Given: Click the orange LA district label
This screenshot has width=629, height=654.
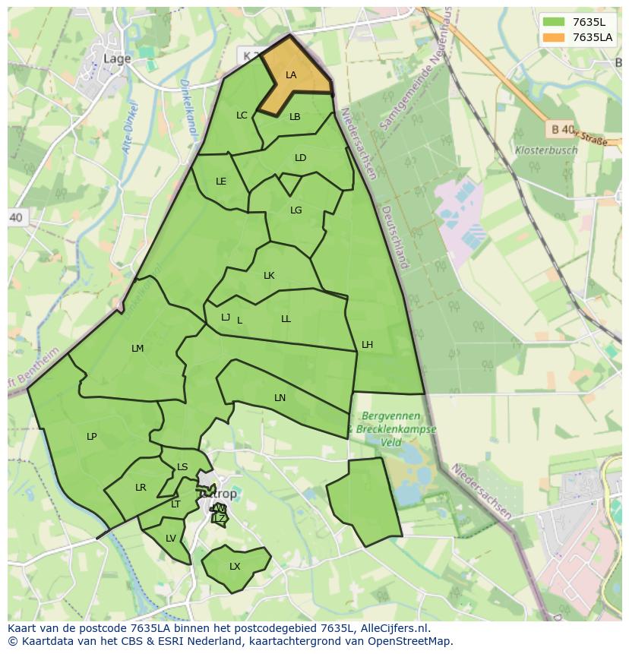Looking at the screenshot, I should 291,75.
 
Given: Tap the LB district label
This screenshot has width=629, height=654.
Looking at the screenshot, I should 295,117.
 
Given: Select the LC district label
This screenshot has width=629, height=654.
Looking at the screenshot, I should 242,115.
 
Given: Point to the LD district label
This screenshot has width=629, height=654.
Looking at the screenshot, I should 300,158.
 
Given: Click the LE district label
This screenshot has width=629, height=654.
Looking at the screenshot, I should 221,182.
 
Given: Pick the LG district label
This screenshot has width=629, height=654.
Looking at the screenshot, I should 296,210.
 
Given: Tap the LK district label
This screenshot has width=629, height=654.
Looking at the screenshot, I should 269,276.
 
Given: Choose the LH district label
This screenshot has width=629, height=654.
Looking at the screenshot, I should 367,345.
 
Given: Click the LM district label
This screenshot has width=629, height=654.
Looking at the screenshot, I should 137,349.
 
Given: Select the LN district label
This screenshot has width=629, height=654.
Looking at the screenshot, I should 280,398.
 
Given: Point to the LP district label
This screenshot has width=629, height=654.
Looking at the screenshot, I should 91,437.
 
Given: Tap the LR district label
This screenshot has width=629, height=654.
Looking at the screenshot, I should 141,488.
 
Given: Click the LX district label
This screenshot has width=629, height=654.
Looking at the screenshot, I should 235,567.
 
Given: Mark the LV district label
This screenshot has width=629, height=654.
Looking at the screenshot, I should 171,539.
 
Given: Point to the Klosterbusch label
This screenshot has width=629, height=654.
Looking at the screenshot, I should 545,150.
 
